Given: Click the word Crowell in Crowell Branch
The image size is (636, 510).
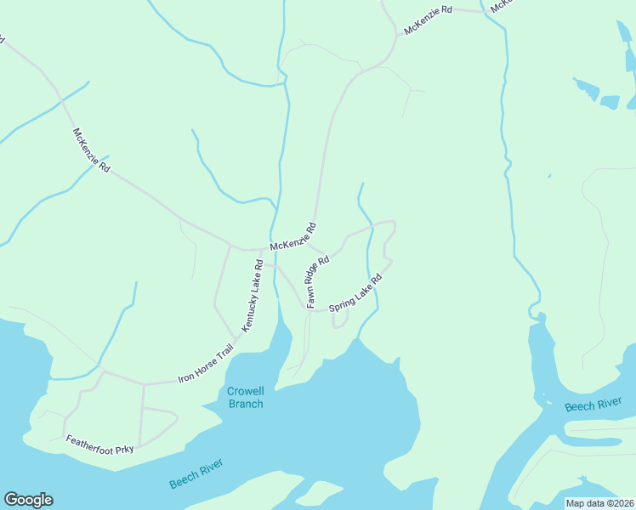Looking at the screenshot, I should [246, 391].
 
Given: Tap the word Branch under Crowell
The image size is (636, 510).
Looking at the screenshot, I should [246, 404].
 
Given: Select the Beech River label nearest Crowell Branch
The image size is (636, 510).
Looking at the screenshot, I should [196, 473].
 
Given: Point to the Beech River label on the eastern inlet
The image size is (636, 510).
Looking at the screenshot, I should [592, 405].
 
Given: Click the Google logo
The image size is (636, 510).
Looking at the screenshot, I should [28, 500].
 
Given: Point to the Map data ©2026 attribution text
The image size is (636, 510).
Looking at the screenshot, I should [599, 503].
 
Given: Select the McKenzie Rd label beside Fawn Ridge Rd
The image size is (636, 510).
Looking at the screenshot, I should [293, 236].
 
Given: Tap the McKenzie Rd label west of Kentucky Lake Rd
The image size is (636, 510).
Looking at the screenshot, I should [92, 150].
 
